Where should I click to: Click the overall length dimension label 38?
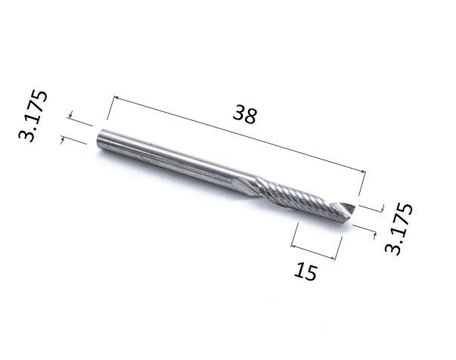coord(244,114)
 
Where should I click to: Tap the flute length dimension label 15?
coord(305,271)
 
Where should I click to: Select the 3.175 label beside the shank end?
coord(33,116)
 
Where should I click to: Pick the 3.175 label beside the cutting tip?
coord(399,228)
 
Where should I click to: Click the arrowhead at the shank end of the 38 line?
coord(116,98)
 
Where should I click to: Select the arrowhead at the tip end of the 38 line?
coord(363,172)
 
